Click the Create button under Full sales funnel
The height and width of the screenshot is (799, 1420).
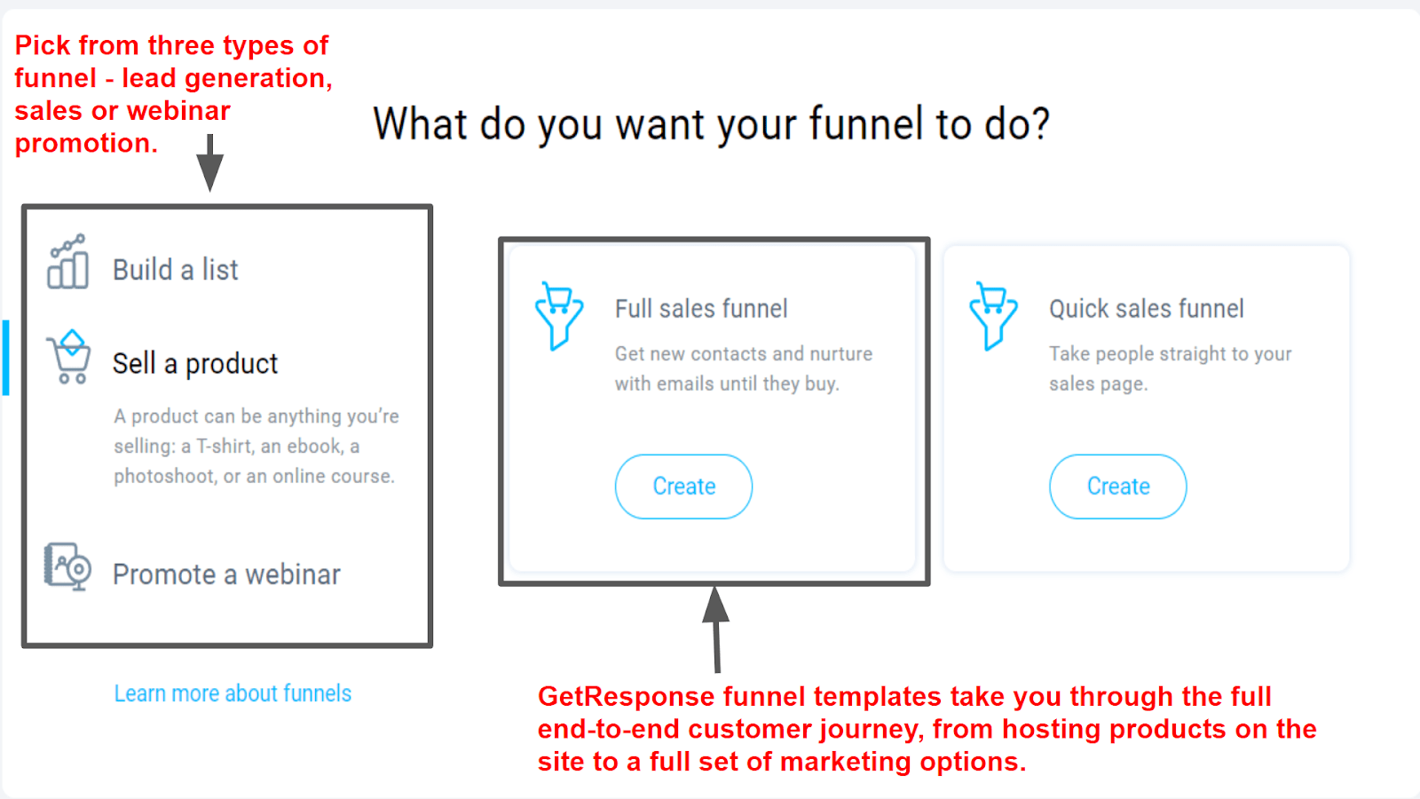pos(683,487)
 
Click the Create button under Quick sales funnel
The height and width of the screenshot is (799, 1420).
pos(1117,487)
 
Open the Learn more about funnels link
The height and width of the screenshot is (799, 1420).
pos(233,693)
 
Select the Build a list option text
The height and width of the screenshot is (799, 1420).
pos(175,270)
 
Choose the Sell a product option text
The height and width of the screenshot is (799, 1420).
pos(195,364)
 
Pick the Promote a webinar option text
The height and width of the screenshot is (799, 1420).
pos(226,574)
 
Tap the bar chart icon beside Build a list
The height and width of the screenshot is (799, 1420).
pos(67,261)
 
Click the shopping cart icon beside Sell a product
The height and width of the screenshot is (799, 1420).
pos(69,356)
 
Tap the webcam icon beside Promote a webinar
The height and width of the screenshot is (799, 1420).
pos(67,567)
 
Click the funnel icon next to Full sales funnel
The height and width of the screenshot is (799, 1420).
pos(558,315)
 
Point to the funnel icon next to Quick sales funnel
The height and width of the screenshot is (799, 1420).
pos(993,315)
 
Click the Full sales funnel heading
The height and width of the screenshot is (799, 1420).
pos(701,309)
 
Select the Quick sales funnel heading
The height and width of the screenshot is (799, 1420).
pos(1146,309)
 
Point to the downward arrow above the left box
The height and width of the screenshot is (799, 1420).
pos(209,162)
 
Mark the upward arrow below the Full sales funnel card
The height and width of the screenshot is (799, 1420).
pos(716,629)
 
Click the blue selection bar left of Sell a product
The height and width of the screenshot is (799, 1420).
pos(5,358)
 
